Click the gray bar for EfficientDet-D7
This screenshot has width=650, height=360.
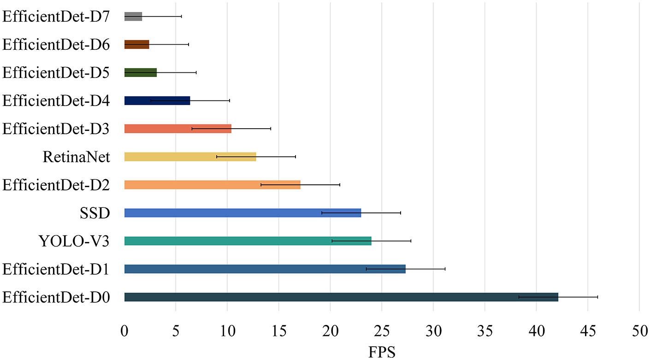133,17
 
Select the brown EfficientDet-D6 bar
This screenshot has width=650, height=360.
136,44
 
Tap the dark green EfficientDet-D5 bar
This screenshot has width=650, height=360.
141,72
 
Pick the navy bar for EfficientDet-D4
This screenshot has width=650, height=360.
157,100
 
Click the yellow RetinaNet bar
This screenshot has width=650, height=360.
190,157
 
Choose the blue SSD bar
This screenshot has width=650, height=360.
243,213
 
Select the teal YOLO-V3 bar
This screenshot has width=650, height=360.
248,241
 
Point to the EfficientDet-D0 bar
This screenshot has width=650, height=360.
341,297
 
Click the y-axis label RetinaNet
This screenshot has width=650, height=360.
77,157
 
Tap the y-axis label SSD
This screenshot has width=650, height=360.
95,213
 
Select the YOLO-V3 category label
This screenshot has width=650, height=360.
74,241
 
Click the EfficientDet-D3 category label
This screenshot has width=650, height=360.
56,129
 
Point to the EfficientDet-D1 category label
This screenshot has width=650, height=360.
56,269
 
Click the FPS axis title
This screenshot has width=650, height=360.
382,352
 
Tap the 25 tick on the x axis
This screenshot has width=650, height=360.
382,331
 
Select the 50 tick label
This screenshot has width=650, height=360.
639,331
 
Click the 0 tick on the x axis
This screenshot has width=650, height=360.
124,331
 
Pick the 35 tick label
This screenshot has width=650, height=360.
485,331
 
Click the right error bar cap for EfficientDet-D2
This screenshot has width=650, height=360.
339,185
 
